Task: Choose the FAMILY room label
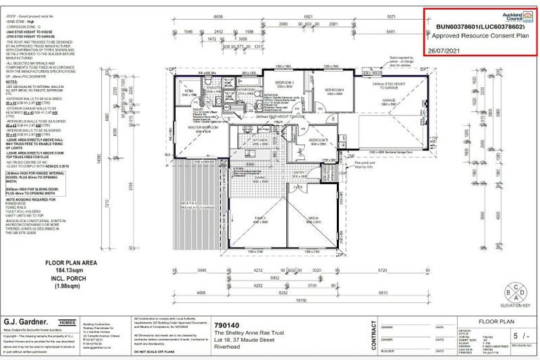click(260, 219)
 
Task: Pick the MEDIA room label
click(312, 219)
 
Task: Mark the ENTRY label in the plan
click(300, 172)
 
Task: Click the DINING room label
click(259, 177)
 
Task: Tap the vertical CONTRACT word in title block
click(371, 335)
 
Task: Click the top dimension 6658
click(219, 17)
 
